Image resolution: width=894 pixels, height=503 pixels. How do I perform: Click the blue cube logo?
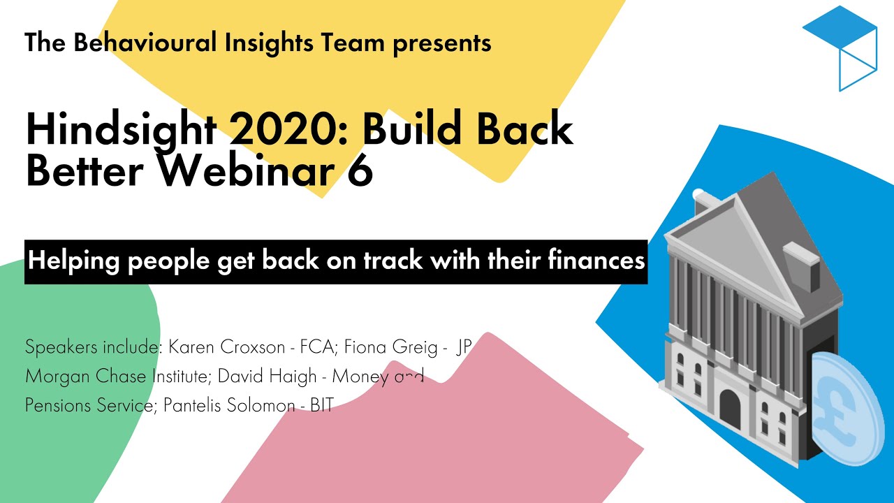click(840, 48)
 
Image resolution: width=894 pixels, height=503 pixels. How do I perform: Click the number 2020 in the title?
click(286, 129)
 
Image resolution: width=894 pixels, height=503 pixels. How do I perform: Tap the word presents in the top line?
click(442, 44)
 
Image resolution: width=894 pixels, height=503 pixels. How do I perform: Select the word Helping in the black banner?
click(74, 261)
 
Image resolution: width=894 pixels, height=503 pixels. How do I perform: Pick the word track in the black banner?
click(393, 261)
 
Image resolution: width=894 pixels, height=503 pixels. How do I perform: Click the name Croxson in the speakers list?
click(253, 347)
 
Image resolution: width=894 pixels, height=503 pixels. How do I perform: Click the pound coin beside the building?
click(845, 409)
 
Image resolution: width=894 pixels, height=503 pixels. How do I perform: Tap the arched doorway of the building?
click(730, 410)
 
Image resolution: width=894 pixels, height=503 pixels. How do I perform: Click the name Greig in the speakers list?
click(415, 347)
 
